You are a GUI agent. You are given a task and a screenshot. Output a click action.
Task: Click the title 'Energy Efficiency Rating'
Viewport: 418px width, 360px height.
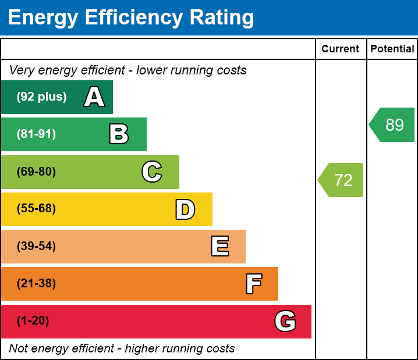pos(131,17)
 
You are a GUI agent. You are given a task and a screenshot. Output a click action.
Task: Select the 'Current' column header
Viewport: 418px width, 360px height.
pos(341,49)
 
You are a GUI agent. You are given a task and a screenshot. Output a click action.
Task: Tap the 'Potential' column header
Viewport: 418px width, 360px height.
pos(392,49)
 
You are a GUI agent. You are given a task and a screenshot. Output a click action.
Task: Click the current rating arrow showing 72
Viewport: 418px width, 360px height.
pos(342,180)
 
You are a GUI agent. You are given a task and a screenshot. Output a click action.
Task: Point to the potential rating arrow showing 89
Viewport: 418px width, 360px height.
pos(393,125)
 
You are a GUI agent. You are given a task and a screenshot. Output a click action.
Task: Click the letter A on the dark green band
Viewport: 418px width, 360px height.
pos(94,97)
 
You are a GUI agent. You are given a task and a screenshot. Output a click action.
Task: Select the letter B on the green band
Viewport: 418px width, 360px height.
pos(119,134)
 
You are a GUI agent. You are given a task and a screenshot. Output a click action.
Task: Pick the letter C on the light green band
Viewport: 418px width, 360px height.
pos(152,172)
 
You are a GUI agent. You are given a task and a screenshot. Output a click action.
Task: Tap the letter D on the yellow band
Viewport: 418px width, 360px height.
pos(185,209)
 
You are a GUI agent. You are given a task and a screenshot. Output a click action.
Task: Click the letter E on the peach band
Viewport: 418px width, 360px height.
pos(219,247)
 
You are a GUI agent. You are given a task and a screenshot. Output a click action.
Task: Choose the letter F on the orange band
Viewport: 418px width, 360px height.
pos(253,284)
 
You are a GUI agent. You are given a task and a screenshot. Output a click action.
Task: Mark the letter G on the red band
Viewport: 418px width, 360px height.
pos(285,321)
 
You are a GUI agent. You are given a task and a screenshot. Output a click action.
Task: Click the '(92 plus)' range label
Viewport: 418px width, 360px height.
pos(41,97)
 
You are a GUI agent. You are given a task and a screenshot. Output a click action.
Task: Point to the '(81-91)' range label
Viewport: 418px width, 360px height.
pos(36,134)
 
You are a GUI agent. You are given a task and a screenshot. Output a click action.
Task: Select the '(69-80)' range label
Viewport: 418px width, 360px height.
pos(36,172)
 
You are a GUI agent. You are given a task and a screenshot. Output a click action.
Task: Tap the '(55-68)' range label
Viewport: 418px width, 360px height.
pos(36,209)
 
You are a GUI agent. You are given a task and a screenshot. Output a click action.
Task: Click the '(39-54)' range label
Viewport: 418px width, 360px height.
pos(36,247)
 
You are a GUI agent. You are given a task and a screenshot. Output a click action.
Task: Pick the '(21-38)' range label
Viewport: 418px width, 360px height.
pos(36,284)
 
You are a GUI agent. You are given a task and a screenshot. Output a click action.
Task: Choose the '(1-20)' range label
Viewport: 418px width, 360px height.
pos(33,321)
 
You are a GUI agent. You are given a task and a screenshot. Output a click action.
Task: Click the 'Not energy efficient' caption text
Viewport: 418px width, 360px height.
pos(122,349)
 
